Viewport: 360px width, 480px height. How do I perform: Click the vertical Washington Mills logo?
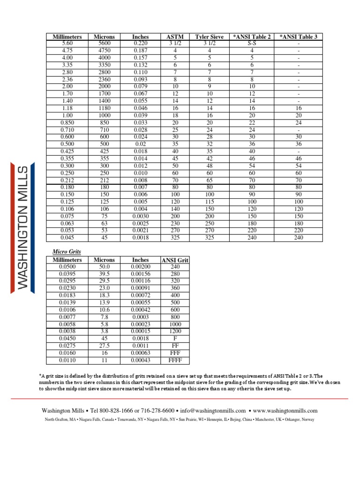pos(23,227)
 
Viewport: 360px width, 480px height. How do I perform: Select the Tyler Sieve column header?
pos(209,37)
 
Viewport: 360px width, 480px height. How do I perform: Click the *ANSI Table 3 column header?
pos(298,37)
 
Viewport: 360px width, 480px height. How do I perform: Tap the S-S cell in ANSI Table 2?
pos(251,43)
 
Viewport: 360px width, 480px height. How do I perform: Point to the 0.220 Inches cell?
pos(140,43)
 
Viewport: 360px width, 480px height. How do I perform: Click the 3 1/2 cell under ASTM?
pos(175,43)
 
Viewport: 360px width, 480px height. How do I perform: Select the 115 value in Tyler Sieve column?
pos(209,201)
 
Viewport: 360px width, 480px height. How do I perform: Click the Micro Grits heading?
pos(63,252)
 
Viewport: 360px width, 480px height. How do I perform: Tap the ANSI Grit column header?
pos(175,260)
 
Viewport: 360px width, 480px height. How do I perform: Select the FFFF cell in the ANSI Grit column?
pos(175,360)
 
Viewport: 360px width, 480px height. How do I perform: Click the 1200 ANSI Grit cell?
pos(175,331)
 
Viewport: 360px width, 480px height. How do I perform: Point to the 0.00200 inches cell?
pos(140,266)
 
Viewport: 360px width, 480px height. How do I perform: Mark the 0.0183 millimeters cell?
pos(67,295)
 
